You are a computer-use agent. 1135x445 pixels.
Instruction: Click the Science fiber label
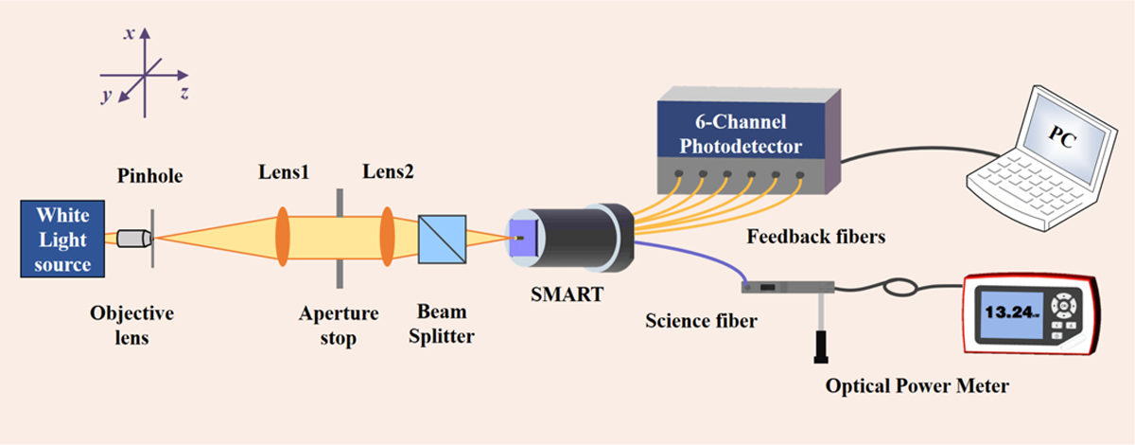[x=701, y=321]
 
